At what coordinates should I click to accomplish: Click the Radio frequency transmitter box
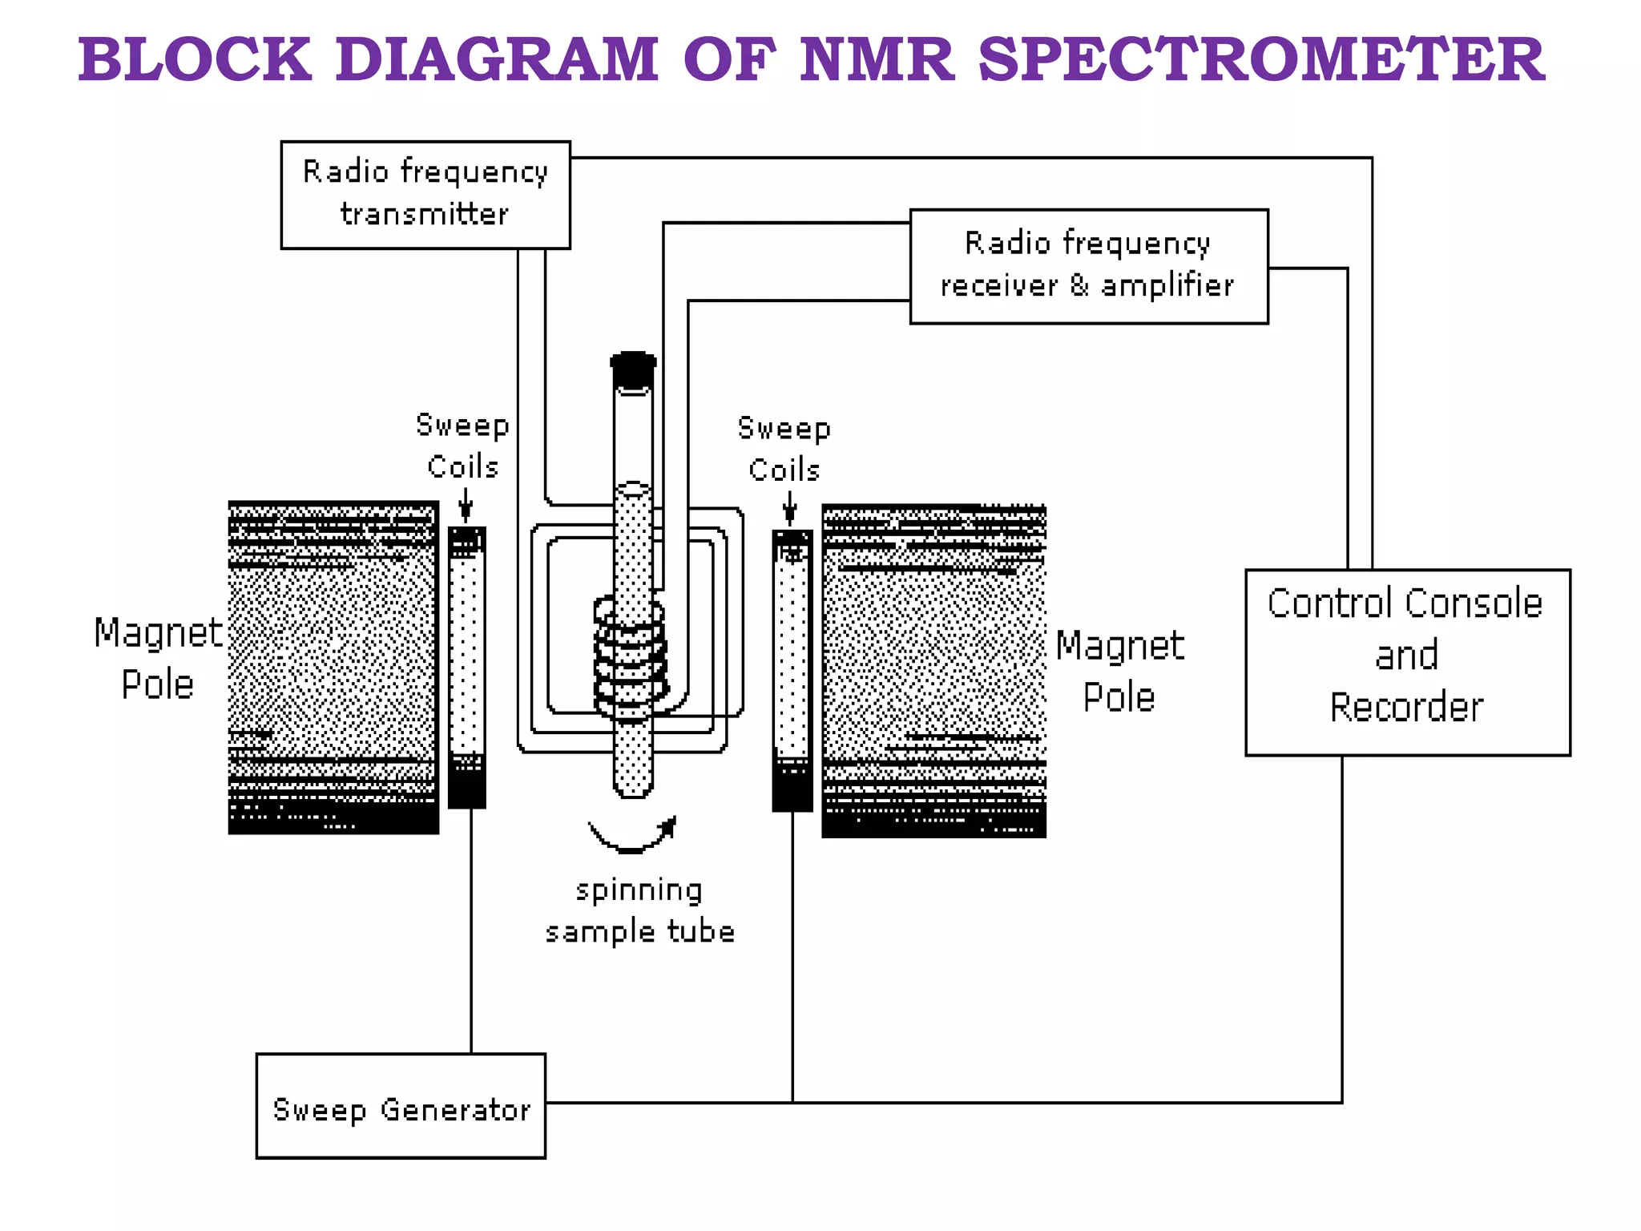425,195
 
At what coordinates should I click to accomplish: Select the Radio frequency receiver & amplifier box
1088,266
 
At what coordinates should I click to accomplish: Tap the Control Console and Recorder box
1407,662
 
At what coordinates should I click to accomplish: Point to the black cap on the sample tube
633,369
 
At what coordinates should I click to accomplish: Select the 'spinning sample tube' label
639,911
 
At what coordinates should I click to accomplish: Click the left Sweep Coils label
462,446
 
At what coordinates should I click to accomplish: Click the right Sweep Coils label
784,449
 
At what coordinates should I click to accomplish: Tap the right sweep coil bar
792,670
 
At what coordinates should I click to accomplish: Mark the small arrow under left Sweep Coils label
466,506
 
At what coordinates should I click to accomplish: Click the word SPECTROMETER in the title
1261,59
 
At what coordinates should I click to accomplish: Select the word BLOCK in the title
195,59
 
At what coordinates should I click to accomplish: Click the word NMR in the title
877,59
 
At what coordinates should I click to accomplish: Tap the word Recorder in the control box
1407,708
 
